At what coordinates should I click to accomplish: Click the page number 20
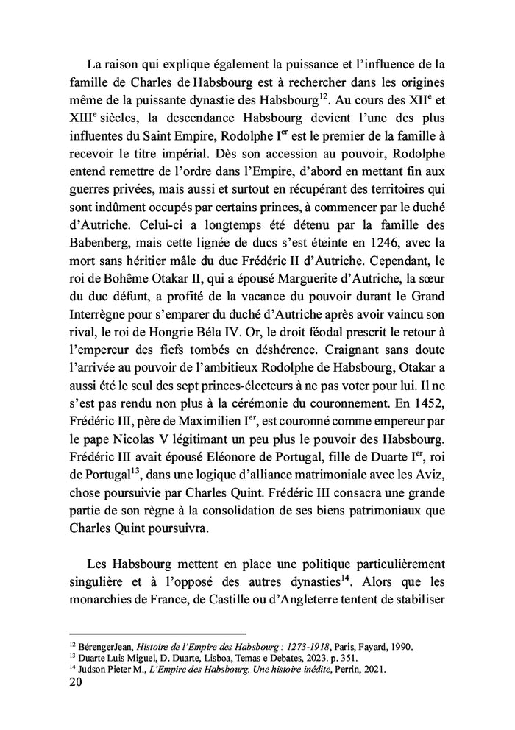(x=75, y=682)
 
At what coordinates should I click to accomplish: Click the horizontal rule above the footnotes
(x=157, y=634)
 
